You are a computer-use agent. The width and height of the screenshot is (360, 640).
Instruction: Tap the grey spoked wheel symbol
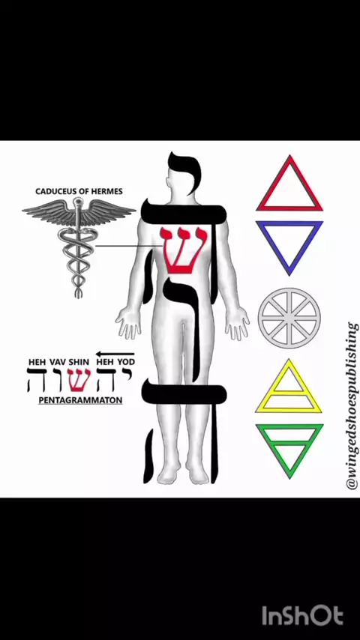point(289,318)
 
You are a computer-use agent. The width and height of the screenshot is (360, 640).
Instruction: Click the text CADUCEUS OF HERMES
point(79,191)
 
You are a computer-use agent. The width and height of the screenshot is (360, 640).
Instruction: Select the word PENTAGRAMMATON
point(80,400)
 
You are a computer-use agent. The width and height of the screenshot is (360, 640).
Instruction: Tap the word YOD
point(127,362)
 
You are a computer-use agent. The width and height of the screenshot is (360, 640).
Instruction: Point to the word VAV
point(58,362)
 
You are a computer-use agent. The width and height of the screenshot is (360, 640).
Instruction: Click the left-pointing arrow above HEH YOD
point(115,354)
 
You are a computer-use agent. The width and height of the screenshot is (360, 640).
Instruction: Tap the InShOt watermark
point(302,615)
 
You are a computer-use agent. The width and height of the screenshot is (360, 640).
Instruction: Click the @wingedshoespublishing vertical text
point(352,406)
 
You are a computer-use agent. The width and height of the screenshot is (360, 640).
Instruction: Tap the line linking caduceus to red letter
point(128,246)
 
